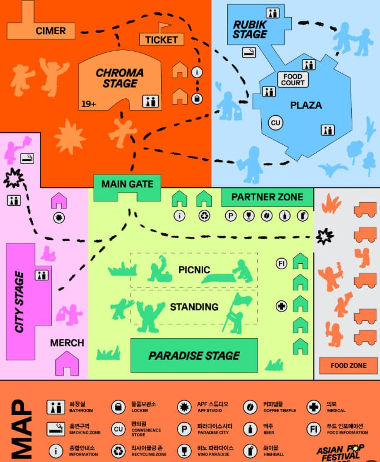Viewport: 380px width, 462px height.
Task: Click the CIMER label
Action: tap(51, 31)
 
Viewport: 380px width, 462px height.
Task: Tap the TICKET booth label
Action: tap(162, 39)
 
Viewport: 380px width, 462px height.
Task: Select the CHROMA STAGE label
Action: tap(119, 78)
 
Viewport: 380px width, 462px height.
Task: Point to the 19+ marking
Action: tap(89, 103)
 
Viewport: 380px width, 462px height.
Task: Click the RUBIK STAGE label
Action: tap(250, 29)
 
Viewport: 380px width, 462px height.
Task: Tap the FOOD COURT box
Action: tap(293, 79)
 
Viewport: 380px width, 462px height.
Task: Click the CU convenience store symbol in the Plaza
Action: tap(275, 123)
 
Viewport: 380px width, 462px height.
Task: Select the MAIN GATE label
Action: tap(127, 184)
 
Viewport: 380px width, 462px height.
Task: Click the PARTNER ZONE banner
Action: tap(267, 197)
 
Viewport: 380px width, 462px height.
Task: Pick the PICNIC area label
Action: tap(194, 270)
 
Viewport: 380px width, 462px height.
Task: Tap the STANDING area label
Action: tap(194, 307)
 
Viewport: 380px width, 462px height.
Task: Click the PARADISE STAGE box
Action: tap(194, 355)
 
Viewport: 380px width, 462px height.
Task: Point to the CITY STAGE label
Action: tap(19, 302)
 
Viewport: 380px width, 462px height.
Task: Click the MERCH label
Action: tap(67, 343)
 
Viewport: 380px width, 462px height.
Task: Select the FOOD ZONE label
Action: tap(348, 366)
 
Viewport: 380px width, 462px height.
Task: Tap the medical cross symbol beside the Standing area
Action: tap(282, 306)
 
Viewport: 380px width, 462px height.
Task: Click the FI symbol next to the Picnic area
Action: tap(282, 264)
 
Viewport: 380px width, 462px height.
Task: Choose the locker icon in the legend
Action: tap(119, 407)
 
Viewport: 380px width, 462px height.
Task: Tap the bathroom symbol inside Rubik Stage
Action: tap(272, 13)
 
